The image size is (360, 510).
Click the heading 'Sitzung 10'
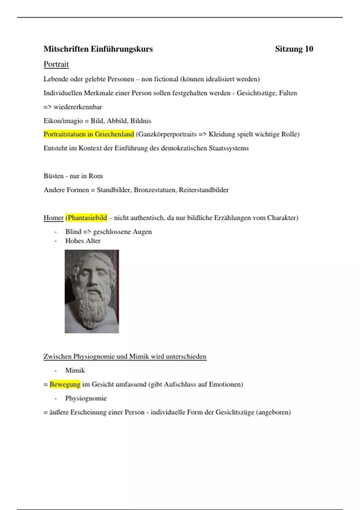(x=294, y=49)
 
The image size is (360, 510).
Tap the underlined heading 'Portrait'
(x=56, y=64)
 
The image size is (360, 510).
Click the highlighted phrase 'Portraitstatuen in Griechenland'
(x=88, y=134)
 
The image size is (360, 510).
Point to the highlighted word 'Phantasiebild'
(x=86, y=218)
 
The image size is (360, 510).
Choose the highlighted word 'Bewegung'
(x=65, y=384)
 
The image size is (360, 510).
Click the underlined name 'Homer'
(x=53, y=218)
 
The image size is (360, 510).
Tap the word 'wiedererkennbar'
(x=78, y=107)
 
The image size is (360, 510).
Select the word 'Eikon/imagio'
(x=63, y=121)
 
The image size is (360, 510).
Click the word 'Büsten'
(x=53, y=176)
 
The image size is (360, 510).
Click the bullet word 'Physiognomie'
(x=86, y=398)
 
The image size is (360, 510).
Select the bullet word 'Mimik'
(x=75, y=370)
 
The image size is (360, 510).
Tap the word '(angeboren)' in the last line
(x=273, y=412)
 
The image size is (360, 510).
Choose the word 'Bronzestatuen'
(x=155, y=190)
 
